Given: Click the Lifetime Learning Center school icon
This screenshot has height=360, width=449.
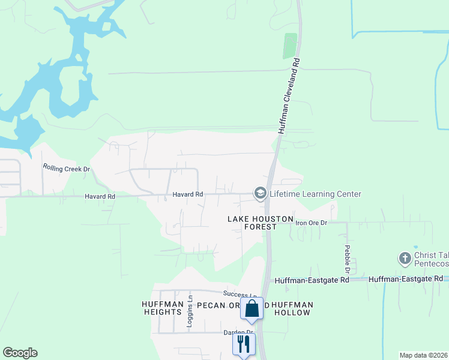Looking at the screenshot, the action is pyautogui.click(x=260, y=193).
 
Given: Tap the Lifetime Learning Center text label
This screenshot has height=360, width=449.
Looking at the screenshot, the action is pyautogui.click(x=315, y=194).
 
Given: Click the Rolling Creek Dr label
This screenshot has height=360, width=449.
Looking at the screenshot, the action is pyautogui.click(x=65, y=168).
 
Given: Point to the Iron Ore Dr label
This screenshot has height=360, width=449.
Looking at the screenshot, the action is pyautogui.click(x=312, y=223).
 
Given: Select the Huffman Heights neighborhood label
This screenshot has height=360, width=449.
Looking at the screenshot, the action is pyautogui.click(x=162, y=308).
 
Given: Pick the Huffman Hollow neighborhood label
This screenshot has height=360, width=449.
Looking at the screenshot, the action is pyautogui.click(x=292, y=308).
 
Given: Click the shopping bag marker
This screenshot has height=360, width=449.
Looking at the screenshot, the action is pyautogui.click(x=252, y=308).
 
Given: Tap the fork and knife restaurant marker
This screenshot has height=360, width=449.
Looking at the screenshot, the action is pyautogui.click(x=244, y=344).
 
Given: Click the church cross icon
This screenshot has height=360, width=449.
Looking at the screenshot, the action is pyautogui.click(x=405, y=259).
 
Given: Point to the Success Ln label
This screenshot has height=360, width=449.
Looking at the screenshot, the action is pyautogui.click(x=240, y=294).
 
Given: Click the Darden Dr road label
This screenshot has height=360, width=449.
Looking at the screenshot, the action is pyautogui.click(x=239, y=332).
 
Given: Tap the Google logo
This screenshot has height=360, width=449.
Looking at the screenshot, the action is pyautogui.click(x=20, y=353).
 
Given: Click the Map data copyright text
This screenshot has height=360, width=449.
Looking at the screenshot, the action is pyautogui.click(x=423, y=355).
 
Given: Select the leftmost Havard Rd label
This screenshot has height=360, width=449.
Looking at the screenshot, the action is pyautogui.click(x=100, y=196).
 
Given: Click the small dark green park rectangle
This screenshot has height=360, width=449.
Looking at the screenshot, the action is pyautogui.click(x=290, y=46).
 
